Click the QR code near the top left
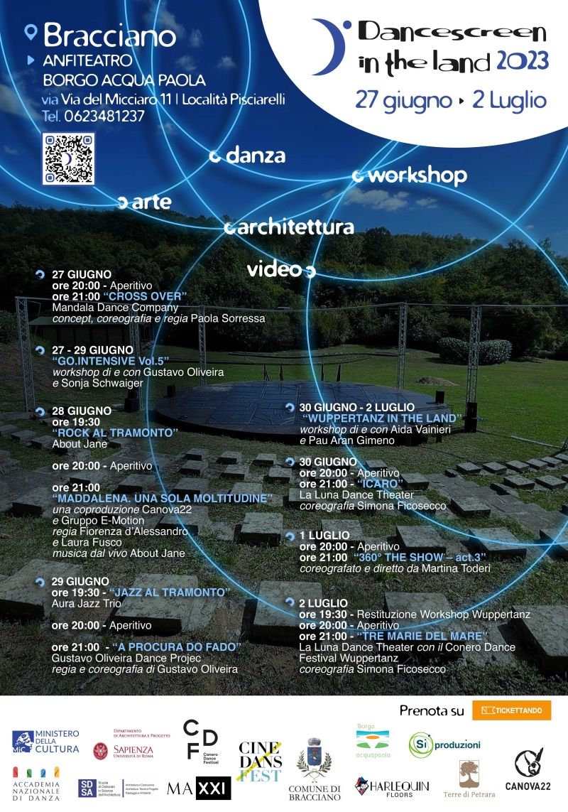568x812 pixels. (x=68, y=158)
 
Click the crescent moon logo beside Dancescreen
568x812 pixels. (x=329, y=47)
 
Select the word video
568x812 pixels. (x=274, y=270)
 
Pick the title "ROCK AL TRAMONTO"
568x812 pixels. (x=114, y=433)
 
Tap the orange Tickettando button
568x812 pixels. (x=511, y=710)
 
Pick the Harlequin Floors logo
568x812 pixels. (x=392, y=787)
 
